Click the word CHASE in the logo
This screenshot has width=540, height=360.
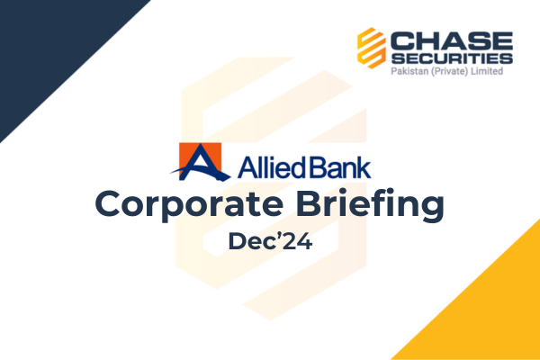(x=452, y=41)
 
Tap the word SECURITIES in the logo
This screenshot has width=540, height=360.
(x=452, y=58)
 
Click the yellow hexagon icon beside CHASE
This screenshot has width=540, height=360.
(x=371, y=48)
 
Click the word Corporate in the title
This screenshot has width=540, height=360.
(x=189, y=204)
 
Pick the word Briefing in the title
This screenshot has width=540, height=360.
(x=370, y=204)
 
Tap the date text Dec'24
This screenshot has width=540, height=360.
(x=270, y=241)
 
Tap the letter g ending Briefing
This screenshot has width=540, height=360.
(x=431, y=210)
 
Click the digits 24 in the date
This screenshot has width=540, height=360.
(x=300, y=241)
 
